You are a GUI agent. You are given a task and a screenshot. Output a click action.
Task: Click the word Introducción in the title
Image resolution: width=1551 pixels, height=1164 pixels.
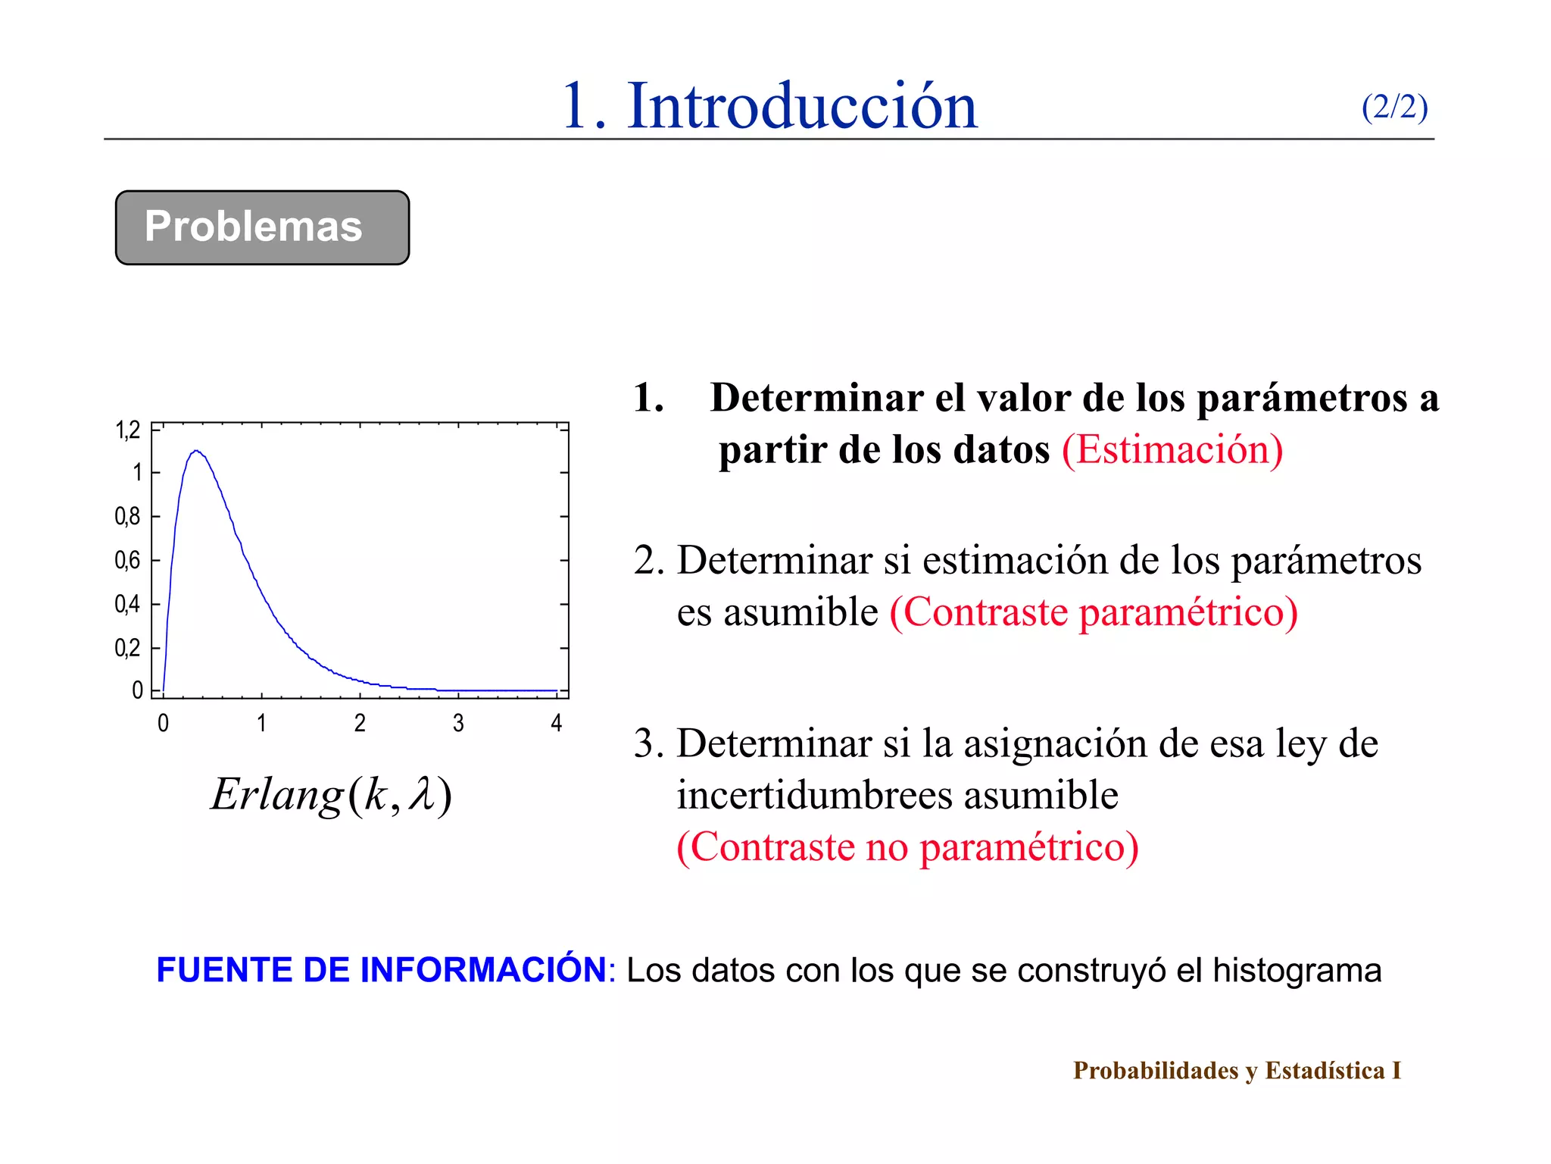(x=803, y=106)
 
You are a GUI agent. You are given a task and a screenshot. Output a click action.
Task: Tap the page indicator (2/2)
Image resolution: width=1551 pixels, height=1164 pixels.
(x=1394, y=107)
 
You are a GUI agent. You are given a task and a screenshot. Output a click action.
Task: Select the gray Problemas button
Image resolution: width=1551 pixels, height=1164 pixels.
(x=262, y=227)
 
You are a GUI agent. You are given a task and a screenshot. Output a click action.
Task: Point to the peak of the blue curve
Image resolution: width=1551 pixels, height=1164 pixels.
(x=196, y=451)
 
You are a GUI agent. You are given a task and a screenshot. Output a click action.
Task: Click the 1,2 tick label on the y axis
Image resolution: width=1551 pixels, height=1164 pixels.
(x=128, y=430)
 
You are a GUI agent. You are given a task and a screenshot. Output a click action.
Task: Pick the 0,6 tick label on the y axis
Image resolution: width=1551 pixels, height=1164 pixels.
(x=127, y=561)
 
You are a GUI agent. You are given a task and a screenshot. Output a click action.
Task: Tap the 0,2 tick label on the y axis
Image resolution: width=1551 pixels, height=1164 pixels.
(x=127, y=649)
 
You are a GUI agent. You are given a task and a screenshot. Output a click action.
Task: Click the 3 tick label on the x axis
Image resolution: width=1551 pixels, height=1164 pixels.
(x=458, y=724)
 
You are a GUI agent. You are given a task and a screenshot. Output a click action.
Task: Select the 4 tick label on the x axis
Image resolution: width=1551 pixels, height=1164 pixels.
(x=557, y=724)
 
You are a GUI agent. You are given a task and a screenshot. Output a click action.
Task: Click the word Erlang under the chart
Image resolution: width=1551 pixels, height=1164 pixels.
(x=276, y=795)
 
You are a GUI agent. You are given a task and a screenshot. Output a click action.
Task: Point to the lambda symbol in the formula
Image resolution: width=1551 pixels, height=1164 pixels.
(x=422, y=795)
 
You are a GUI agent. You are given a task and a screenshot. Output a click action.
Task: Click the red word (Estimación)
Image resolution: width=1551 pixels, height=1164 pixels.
(x=1172, y=449)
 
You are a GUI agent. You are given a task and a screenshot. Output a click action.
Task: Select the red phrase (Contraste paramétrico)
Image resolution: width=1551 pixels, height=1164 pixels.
(x=1094, y=612)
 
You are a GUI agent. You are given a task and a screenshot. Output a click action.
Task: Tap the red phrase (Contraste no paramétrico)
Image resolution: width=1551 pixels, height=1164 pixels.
(x=907, y=846)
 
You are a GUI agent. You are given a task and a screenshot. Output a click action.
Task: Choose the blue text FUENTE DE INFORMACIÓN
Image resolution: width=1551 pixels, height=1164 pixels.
(x=381, y=971)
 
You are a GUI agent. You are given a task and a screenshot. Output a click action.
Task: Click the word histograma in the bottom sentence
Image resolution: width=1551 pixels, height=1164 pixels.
(x=1297, y=971)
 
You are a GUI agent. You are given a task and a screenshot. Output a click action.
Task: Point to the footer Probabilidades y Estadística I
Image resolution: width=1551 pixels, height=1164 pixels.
(x=1237, y=1071)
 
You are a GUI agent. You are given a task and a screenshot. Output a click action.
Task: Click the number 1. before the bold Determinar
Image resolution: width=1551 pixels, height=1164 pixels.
(x=649, y=398)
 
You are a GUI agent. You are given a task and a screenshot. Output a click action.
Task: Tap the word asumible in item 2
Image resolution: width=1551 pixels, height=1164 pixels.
(x=800, y=612)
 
